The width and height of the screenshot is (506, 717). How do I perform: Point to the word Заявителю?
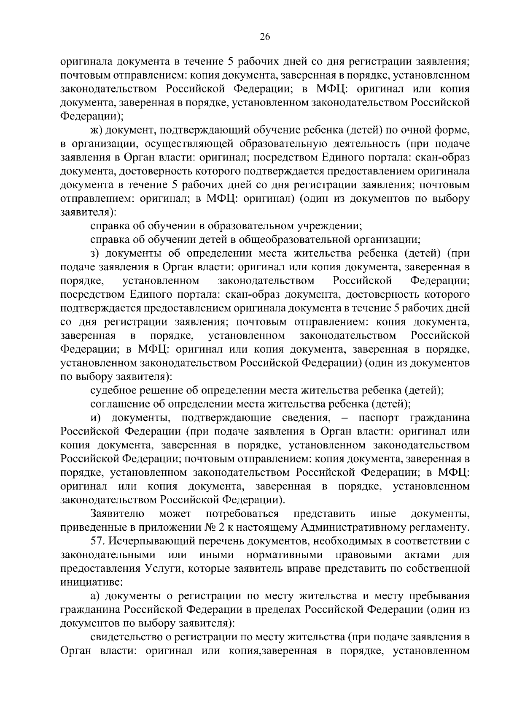[118, 514]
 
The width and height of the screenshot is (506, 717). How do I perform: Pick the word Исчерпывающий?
[147, 541]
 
